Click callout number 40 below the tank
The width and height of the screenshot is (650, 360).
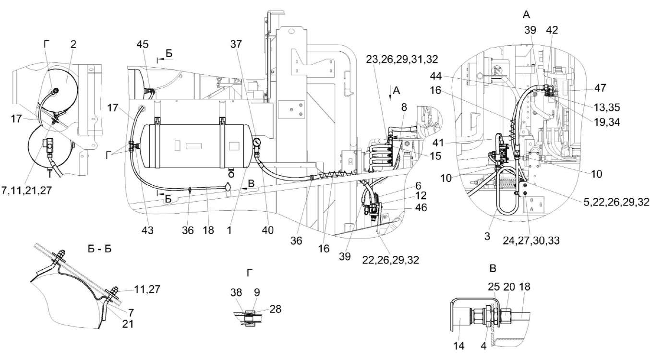coord(267,230)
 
